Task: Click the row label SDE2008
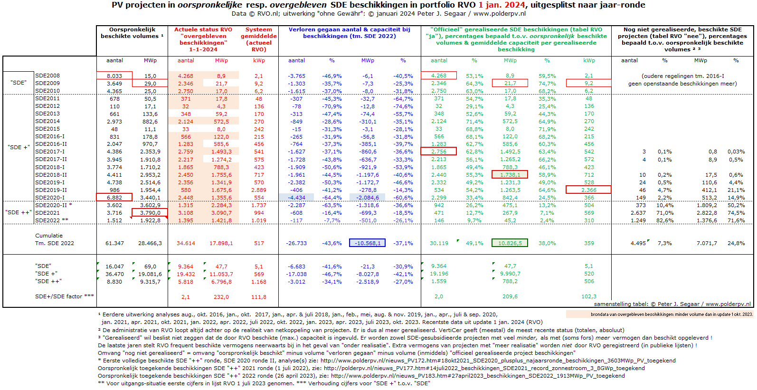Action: [x=47, y=76]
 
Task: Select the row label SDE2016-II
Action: [x=51, y=144]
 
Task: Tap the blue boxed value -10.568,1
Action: [x=368, y=243]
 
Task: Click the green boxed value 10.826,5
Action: [x=510, y=243]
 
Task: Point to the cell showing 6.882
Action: [x=114, y=198]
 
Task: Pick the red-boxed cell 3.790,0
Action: [x=150, y=213]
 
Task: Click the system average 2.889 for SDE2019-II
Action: [x=259, y=190]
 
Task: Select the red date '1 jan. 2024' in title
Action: [x=502, y=5]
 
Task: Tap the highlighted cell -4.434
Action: [x=296, y=198]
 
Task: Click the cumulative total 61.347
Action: [x=114, y=243]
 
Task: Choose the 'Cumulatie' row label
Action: [x=48, y=236]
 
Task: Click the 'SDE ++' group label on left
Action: [x=19, y=212]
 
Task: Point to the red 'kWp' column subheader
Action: [x=259, y=60]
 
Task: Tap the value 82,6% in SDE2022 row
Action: [x=664, y=220]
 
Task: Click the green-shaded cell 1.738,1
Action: [x=510, y=175]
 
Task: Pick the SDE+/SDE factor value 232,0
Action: [x=221, y=297]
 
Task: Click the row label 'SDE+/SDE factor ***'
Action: [x=65, y=296]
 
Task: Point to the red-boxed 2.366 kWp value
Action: [x=589, y=190]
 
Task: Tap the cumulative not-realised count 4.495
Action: [x=638, y=243]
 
